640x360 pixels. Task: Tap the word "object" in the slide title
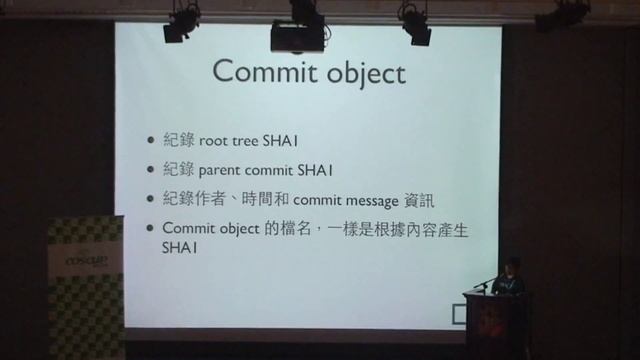(365, 74)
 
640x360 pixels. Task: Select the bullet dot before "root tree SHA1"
(151, 142)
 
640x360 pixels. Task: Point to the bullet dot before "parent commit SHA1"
(151, 170)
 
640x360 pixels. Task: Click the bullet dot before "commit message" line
(151, 198)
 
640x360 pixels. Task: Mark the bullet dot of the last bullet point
(151, 228)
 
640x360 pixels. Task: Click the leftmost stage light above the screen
(181, 22)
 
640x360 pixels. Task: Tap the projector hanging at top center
(297, 36)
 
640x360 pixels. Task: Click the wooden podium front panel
(496, 325)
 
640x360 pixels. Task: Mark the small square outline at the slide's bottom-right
(459, 316)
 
